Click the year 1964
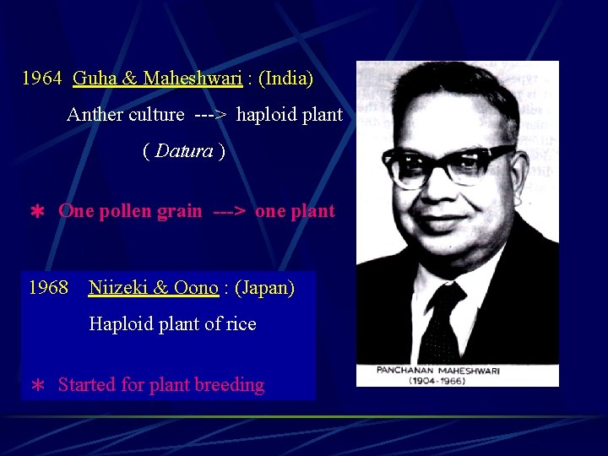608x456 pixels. point(41,79)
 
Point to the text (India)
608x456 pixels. point(285,79)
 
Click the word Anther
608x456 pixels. point(95,115)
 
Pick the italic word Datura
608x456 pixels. point(184,152)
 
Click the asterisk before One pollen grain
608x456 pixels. point(36,212)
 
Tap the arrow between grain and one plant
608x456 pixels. point(229,211)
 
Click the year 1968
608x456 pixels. point(48,288)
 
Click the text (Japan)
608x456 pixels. point(264,288)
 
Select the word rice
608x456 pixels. point(241,324)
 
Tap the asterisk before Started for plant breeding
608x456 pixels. point(37,386)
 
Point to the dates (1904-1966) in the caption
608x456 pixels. point(457,381)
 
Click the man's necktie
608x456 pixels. point(441,321)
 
